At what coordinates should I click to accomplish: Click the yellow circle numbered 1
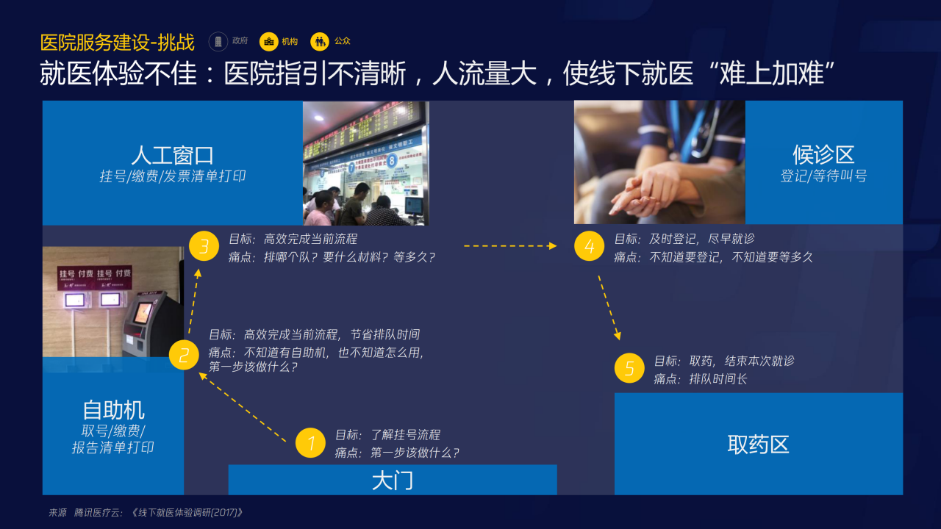(x=310, y=443)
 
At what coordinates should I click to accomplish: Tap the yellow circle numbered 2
(x=184, y=356)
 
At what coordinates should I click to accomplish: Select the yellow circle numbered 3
(x=204, y=246)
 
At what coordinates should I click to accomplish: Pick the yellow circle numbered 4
(x=589, y=246)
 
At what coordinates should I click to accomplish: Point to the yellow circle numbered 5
(x=629, y=368)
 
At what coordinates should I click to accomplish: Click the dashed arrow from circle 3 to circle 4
(x=509, y=246)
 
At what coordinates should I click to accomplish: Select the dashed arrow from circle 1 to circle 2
(x=243, y=407)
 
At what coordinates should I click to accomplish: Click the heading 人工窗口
(x=173, y=155)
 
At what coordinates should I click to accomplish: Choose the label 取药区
(x=758, y=445)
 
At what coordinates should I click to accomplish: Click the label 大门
(x=392, y=481)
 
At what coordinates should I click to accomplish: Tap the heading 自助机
(x=113, y=410)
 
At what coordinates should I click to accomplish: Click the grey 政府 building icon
(x=218, y=42)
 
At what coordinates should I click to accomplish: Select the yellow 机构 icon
(x=269, y=42)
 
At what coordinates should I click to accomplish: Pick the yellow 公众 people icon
(x=320, y=42)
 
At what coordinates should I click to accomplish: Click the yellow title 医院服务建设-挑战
(x=118, y=42)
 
